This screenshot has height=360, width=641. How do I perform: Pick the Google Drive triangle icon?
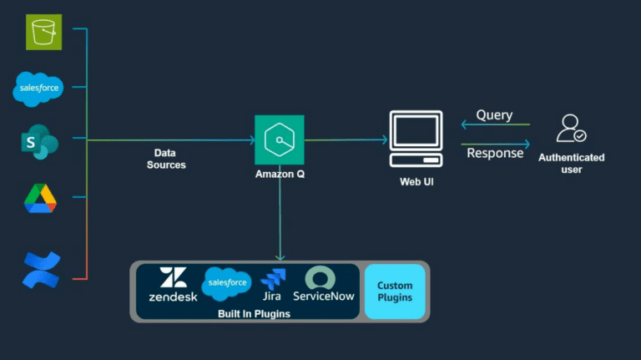coord(39,199)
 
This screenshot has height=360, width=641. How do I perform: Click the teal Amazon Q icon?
coord(279,139)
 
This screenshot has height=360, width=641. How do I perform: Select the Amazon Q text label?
coord(279,175)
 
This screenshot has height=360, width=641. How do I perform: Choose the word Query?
coord(494,115)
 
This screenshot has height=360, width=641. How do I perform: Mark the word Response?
coord(495,153)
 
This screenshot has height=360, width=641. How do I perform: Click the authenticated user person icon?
coord(572,129)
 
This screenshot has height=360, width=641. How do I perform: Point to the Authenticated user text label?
coord(572,163)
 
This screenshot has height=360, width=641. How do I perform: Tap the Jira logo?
coord(272,285)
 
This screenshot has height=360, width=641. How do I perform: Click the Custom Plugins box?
coord(395,292)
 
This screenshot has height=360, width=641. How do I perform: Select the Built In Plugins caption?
coord(244,312)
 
